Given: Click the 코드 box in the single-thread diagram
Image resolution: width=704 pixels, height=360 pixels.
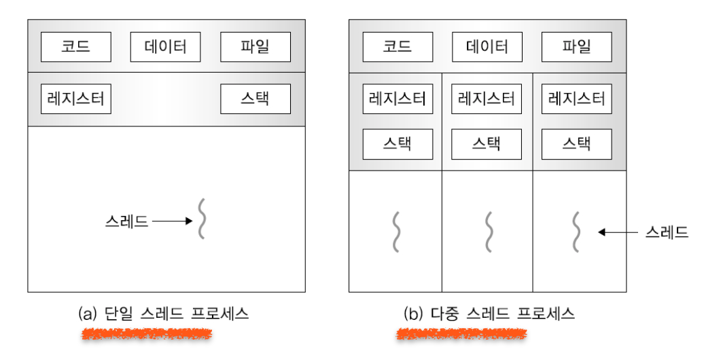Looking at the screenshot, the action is (75, 47).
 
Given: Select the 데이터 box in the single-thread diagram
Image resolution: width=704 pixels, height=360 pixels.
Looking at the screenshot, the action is (166, 47).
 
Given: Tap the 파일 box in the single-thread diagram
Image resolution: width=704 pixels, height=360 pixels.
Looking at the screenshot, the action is (256, 47).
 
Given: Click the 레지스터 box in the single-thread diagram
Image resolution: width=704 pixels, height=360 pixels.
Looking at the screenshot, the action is (75, 98).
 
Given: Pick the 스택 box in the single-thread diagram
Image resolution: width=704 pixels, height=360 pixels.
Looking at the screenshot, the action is (256, 98).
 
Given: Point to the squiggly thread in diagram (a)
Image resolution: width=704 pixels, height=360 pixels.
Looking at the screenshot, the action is (202, 219).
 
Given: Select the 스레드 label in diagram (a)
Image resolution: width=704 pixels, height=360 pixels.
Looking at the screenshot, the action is (126, 221).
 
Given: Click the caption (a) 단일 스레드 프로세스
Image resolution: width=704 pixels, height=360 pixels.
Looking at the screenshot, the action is (163, 314).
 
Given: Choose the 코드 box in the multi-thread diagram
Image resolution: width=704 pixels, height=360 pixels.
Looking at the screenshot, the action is (398, 47).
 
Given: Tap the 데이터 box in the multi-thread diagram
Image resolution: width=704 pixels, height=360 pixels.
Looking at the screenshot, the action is (487, 47).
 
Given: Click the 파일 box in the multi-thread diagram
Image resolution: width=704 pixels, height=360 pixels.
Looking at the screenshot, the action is (576, 47).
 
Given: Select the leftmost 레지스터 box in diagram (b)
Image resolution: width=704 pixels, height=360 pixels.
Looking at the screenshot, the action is (398, 99).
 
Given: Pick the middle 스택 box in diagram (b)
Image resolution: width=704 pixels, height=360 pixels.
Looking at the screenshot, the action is (487, 144).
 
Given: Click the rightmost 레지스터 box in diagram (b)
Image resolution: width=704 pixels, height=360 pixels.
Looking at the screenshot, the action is (576, 99).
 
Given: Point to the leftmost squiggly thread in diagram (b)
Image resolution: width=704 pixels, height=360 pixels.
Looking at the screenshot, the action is (397, 232).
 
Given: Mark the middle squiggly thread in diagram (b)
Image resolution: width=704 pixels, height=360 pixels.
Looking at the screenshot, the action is (487, 232).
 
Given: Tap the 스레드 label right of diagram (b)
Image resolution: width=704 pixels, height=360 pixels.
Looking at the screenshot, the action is (667, 232).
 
